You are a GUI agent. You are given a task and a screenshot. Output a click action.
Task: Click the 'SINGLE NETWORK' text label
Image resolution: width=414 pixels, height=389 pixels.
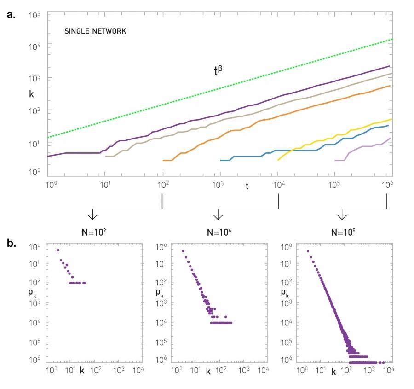[95, 32]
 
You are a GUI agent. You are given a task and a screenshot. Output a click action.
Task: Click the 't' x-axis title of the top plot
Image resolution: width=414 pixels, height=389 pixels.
[247, 186]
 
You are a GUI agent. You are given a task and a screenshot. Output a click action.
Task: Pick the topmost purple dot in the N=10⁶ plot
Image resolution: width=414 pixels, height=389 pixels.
[308, 251]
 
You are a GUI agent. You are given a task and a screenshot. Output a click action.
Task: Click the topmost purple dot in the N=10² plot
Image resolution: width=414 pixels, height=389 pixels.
[57, 250]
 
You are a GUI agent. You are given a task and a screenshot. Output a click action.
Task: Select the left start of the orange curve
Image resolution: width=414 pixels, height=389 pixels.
[164, 160]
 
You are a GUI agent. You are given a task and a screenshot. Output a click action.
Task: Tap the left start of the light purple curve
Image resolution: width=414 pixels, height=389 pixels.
[335, 160]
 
